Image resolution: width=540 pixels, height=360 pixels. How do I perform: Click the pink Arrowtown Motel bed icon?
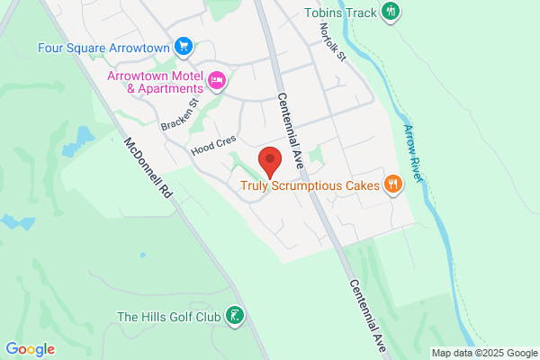[x=217, y=82]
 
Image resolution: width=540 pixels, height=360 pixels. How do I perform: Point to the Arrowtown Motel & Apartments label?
[x=153, y=82]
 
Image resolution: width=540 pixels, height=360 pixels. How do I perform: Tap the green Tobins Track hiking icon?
[x=391, y=12]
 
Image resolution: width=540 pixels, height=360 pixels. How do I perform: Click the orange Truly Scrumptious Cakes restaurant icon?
[x=392, y=185]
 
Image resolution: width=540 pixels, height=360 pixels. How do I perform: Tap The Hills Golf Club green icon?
[x=234, y=316]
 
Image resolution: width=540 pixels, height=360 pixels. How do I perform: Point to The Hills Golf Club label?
[x=169, y=317]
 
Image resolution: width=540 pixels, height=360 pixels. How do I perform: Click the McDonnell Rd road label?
[x=148, y=168]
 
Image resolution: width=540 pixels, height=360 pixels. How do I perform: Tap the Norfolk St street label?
[x=332, y=43]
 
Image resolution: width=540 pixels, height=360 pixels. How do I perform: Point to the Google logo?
[x=30, y=349]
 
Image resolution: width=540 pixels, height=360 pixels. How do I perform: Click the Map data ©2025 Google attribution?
[x=483, y=352]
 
